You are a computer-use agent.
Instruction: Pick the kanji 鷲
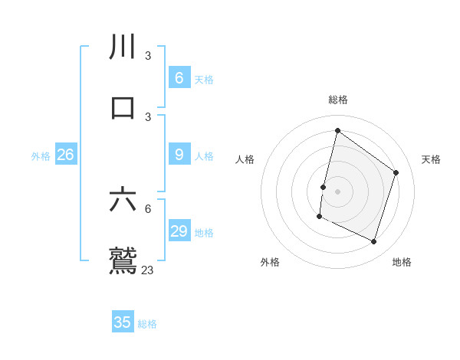click(x=123, y=260)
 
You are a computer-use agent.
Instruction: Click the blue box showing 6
click(x=179, y=78)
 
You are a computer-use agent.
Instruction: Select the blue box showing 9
click(x=179, y=155)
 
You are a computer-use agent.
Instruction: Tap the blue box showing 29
click(x=179, y=231)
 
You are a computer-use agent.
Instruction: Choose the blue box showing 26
click(x=65, y=155)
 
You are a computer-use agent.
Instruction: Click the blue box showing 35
click(x=123, y=322)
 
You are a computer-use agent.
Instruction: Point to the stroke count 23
click(x=148, y=270)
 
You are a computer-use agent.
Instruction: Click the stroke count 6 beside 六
click(x=148, y=208)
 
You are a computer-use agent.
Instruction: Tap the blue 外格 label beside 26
click(x=41, y=156)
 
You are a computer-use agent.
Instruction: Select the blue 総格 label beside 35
click(x=147, y=324)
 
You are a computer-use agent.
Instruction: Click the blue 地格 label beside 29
click(x=204, y=233)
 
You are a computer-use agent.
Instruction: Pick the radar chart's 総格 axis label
click(x=338, y=100)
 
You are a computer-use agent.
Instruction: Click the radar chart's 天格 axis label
click(x=431, y=159)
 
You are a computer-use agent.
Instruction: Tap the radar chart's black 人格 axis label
click(x=245, y=159)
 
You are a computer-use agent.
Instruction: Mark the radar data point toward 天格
click(x=396, y=172)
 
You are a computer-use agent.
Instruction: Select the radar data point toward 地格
click(x=374, y=242)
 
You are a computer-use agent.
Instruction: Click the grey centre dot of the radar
click(x=338, y=191)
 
